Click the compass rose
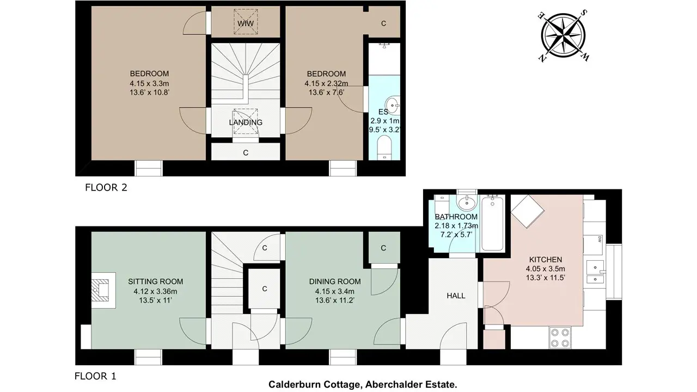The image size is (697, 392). pyautogui.click(x=563, y=35)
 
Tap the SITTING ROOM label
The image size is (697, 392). pyautogui.click(x=156, y=281)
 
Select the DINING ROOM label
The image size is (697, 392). pyautogui.click(x=335, y=281)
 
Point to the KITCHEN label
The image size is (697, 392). pyautogui.click(x=546, y=260)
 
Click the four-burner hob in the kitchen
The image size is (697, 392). pyautogui.click(x=560, y=337)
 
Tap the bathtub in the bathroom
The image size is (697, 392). pyautogui.click(x=492, y=224)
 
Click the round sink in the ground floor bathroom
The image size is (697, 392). pyautogui.click(x=467, y=203)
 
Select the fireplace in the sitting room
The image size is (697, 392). pyautogui.click(x=103, y=290)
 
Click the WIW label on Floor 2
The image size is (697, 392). pyautogui.click(x=246, y=23)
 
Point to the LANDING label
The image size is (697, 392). pyautogui.click(x=246, y=122)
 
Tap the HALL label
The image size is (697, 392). pyautogui.click(x=456, y=296)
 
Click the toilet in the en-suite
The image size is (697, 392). pyautogui.click(x=384, y=148)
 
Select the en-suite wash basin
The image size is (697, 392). pyautogui.click(x=393, y=105)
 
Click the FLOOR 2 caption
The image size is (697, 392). pyautogui.click(x=106, y=187)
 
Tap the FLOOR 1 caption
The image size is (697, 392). pyautogui.click(x=95, y=376)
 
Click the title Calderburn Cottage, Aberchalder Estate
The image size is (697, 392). pyautogui.click(x=363, y=384)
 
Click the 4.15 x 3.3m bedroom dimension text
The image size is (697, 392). pyautogui.click(x=149, y=83)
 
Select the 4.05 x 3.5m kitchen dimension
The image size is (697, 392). pyautogui.click(x=546, y=269)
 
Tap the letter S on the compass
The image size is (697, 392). pyautogui.click(x=584, y=13)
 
